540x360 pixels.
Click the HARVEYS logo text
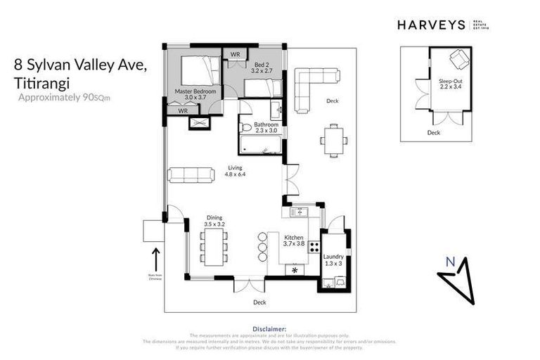pos(431,25)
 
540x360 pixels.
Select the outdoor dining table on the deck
pos(333,139)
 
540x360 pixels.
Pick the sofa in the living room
pos(191,175)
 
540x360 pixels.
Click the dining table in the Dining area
pos(213,247)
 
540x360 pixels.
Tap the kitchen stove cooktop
pos(314,247)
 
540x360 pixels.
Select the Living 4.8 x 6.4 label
pos(235,171)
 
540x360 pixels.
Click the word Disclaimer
pos(270,328)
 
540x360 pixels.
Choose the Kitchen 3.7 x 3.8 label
pos(293,242)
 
